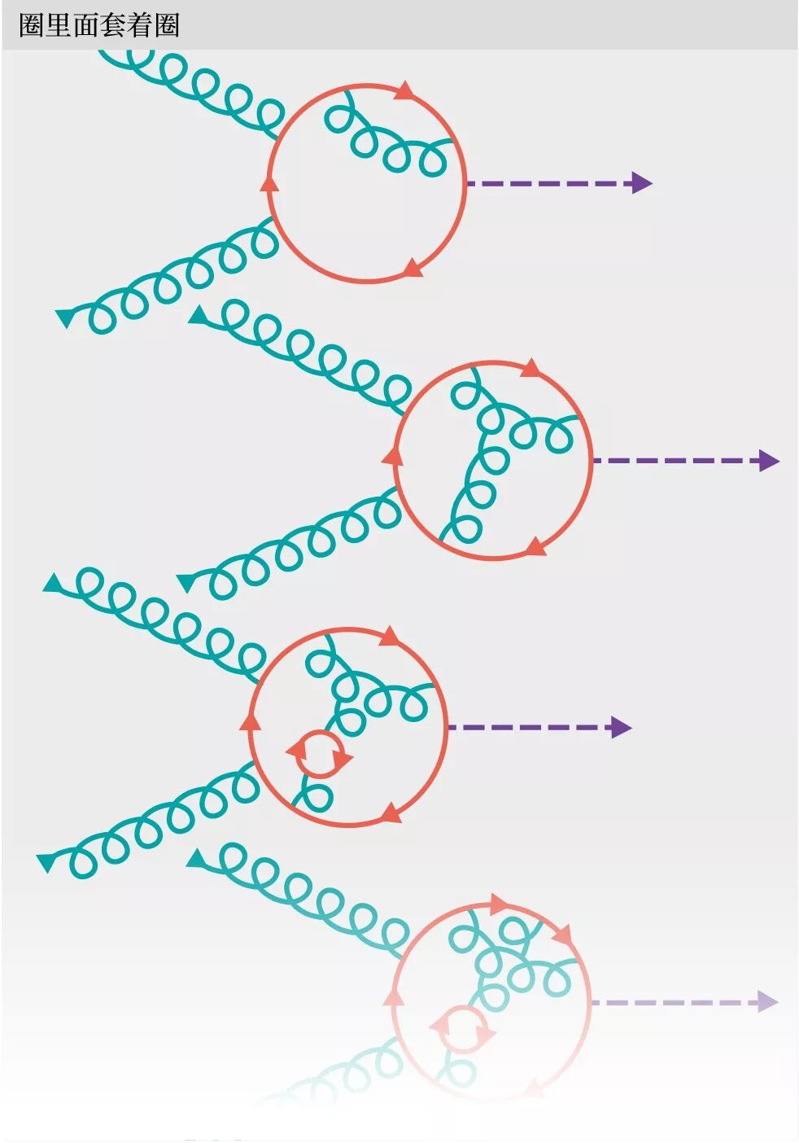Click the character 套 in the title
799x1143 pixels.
[x=112, y=25]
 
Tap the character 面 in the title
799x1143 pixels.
[x=85, y=25]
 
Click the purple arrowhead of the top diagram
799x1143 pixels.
[x=642, y=183]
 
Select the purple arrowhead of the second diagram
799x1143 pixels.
[x=769, y=461]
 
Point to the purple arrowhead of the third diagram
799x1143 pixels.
[x=621, y=727]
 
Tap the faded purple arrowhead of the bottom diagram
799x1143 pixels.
[x=767, y=1001]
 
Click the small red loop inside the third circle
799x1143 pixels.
[x=321, y=754]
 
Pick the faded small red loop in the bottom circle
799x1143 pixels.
[x=463, y=1030]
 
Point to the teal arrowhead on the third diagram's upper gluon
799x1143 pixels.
[x=54, y=584]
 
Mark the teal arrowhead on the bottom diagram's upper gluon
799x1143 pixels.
[x=196, y=858]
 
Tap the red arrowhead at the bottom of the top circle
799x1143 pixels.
[x=413, y=268]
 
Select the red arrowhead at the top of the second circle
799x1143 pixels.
[x=530, y=368]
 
